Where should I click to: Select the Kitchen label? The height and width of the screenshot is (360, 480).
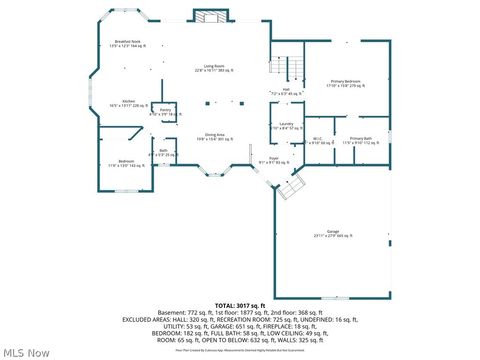tap(128, 103)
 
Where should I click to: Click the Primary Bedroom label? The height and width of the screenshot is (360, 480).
tap(347, 84)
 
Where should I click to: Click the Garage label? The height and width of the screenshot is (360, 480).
tap(332, 236)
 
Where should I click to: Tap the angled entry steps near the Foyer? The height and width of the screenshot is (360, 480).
tap(291, 187)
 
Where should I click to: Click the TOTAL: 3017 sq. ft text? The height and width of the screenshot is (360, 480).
tap(239, 304)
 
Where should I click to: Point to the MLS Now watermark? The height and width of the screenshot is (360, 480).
tap(27, 352)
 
